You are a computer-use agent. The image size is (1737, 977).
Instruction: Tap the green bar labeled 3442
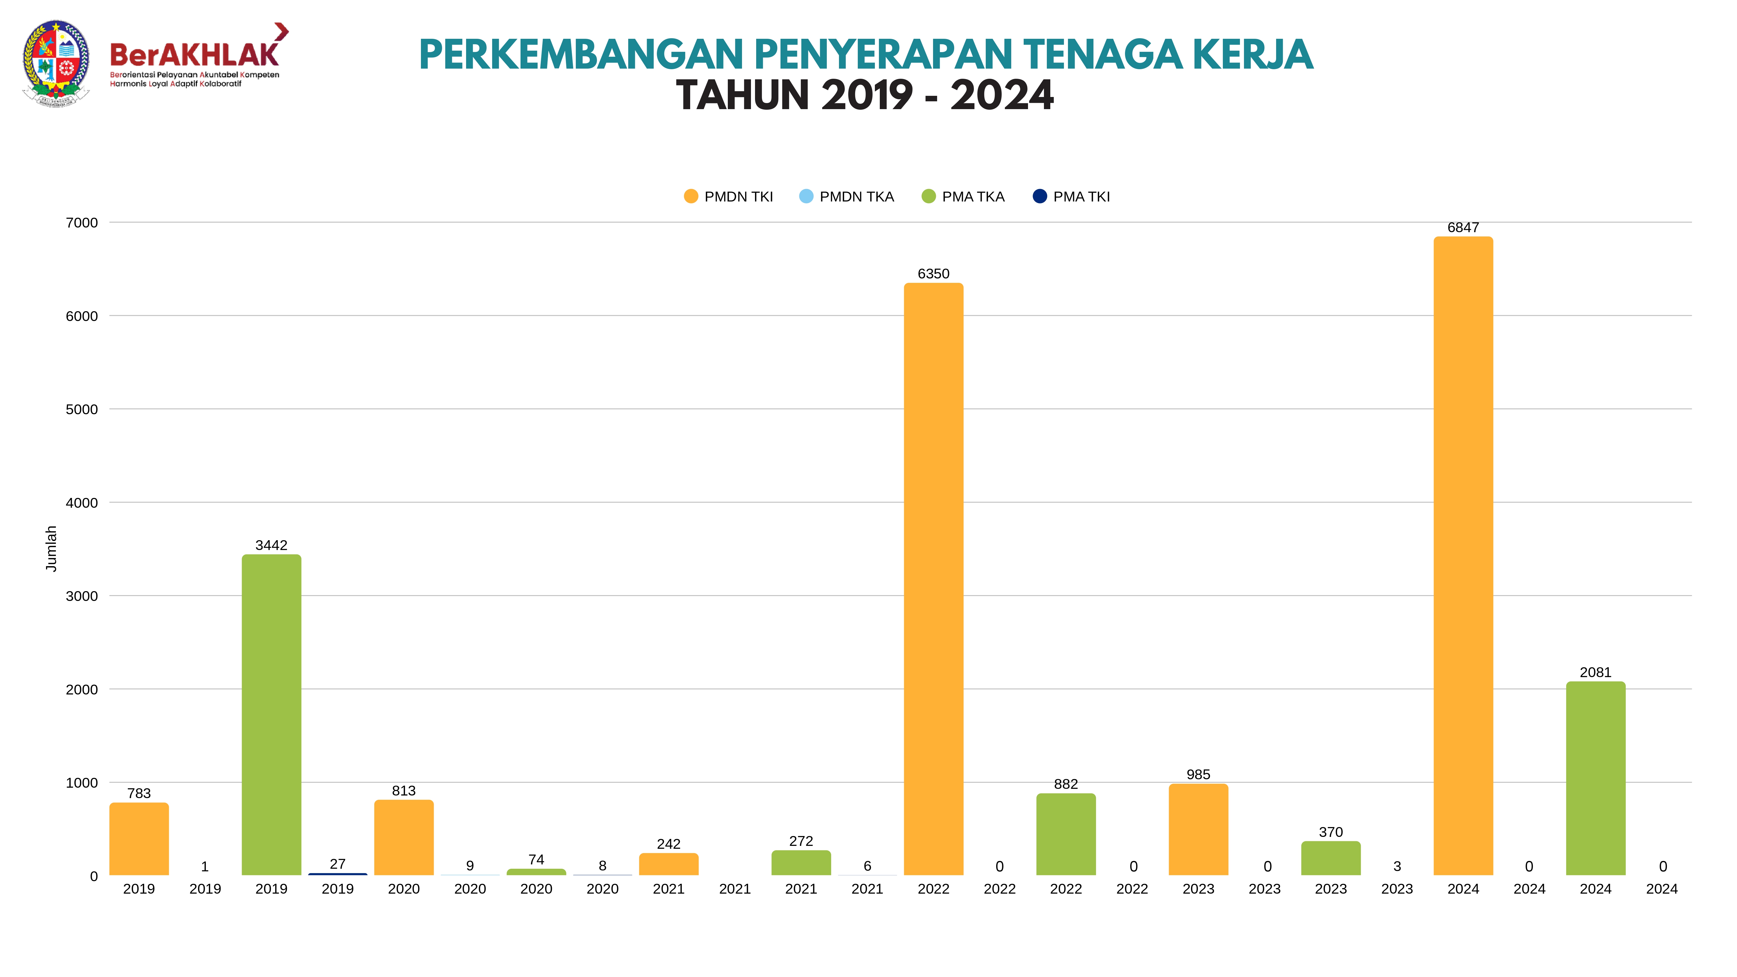coord(271,715)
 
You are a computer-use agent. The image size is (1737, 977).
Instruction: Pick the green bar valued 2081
coord(1595,779)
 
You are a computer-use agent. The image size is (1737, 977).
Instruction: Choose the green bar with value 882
coord(1065,835)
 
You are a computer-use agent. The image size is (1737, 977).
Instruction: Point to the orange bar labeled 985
coord(1198,829)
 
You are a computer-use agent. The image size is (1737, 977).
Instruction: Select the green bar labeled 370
coord(1330,858)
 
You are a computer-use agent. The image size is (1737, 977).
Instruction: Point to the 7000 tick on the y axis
coord(82,223)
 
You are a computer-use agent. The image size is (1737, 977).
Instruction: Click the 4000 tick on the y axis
coord(82,503)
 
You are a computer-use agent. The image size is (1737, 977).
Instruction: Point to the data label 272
coord(801,841)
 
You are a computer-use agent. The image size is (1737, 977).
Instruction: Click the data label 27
coord(337,864)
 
